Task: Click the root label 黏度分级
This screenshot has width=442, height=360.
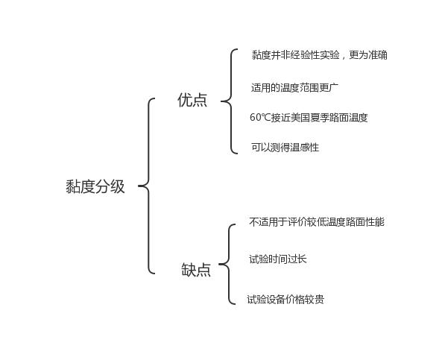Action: pos(95,186)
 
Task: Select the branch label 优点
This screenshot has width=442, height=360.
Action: pos(192,100)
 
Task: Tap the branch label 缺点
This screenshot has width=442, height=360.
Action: pos(196,270)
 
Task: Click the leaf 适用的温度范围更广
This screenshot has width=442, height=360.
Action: pos(294,88)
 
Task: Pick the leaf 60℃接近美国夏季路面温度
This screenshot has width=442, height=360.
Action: pos(309,117)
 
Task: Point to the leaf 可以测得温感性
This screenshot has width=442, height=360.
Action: pos(285,147)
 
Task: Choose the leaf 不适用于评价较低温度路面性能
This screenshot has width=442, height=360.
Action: pos(317,222)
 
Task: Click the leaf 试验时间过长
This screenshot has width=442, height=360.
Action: pos(278,259)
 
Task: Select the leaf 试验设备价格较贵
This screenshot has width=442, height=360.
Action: pos(285,299)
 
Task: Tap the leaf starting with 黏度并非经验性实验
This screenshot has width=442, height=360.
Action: pos(319,54)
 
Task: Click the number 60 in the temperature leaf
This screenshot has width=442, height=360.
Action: pos(256,117)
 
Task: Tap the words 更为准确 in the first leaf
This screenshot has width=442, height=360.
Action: pos(368,54)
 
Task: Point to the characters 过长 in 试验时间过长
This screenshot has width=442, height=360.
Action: pos(297,259)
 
